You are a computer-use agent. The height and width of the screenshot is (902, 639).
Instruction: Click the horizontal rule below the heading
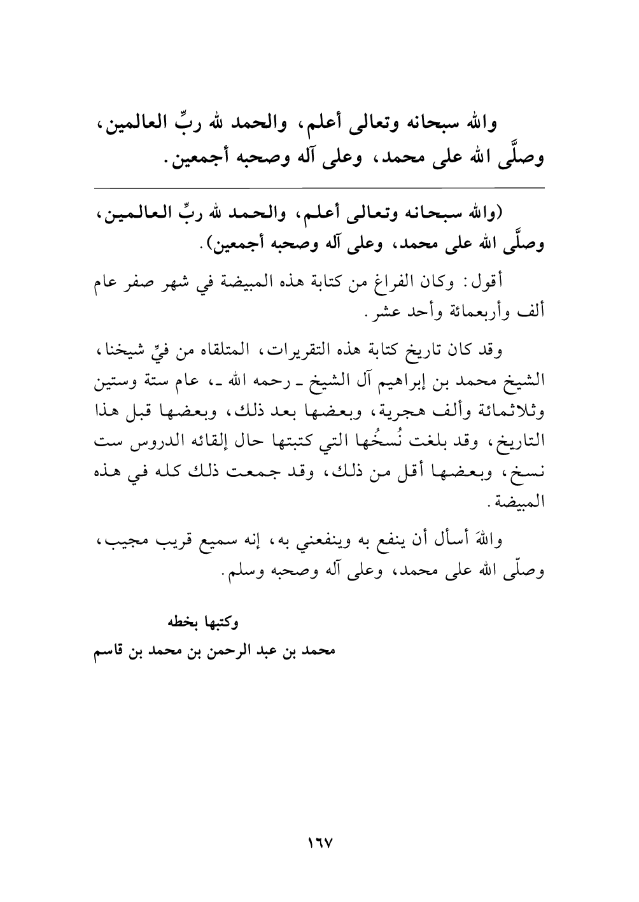319,187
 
